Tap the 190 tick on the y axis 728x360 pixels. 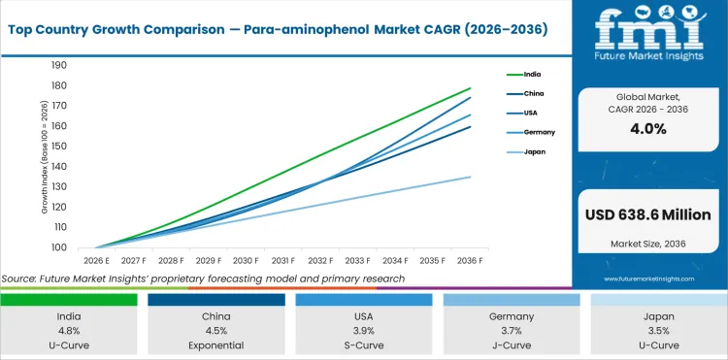point(58,65)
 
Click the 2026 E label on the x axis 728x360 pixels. point(96,260)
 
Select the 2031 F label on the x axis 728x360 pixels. point(283,260)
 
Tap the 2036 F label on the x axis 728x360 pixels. point(471,260)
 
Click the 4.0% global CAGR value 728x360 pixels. point(647,128)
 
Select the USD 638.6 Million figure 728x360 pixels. point(647,213)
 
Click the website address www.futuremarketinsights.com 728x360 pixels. point(647,278)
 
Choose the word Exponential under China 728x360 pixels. point(215,344)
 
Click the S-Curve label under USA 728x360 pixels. point(363,344)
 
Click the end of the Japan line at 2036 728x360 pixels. point(471,177)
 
